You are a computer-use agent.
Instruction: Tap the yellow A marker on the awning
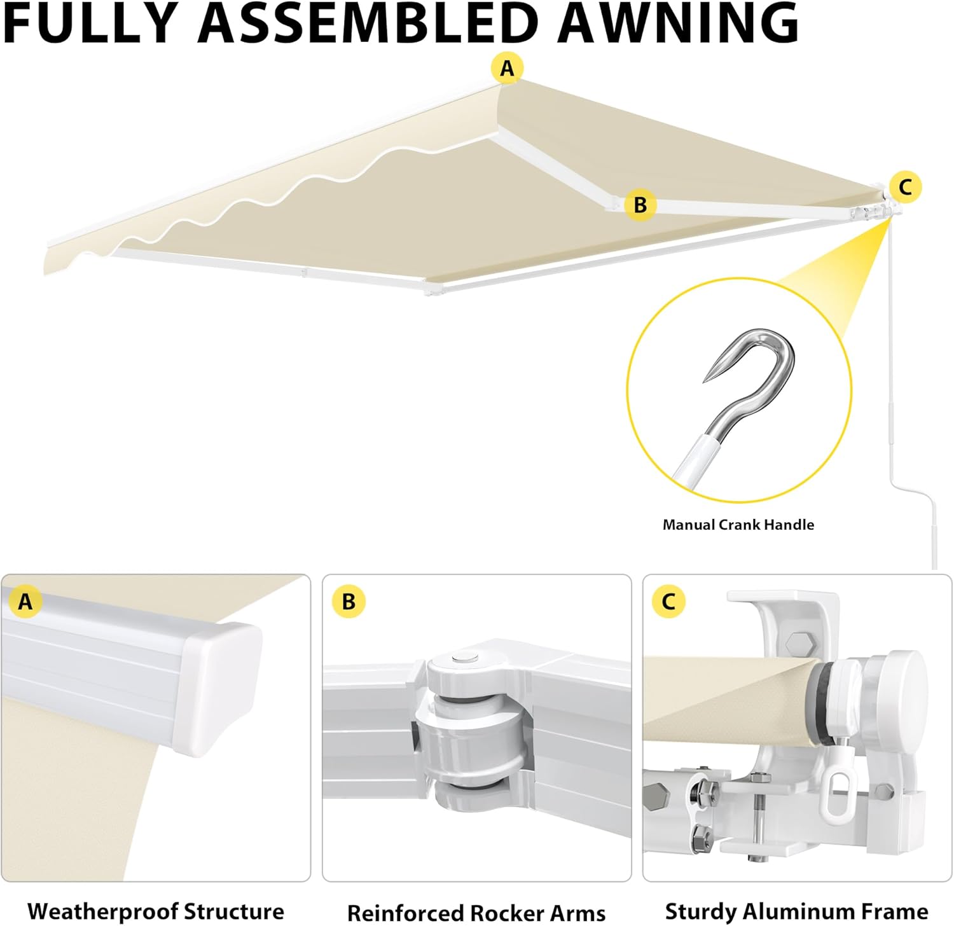click(507, 68)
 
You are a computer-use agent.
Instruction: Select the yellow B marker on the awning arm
click(640, 205)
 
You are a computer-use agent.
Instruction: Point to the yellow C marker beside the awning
click(905, 187)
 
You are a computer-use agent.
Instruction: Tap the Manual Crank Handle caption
click(738, 525)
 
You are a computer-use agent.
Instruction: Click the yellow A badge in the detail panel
click(25, 601)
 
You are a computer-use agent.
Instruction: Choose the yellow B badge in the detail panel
click(349, 602)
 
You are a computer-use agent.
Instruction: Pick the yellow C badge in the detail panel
click(668, 602)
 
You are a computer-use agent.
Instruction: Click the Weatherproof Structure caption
click(156, 911)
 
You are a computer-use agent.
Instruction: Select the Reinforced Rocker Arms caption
click(476, 913)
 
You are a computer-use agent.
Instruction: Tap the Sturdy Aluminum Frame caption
click(796, 911)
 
